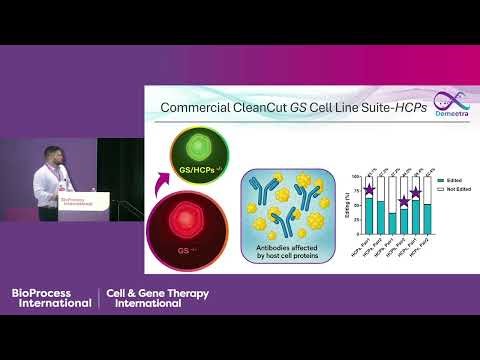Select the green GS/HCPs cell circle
click(x=200, y=155)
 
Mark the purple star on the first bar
click(x=369, y=190)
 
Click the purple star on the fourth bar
click(x=404, y=201)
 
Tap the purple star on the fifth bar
click(x=416, y=191)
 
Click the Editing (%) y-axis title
click(x=346, y=204)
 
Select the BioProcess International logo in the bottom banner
click(x=52, y=297)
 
